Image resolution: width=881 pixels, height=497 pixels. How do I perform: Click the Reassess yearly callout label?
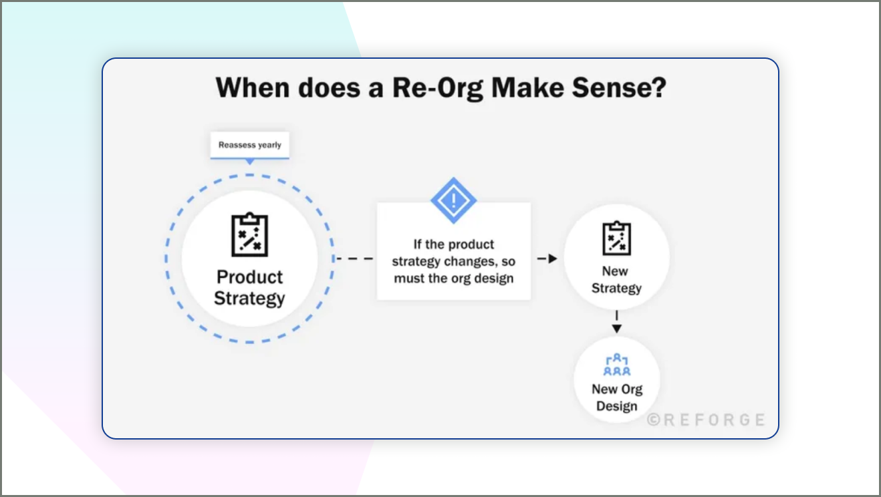249,145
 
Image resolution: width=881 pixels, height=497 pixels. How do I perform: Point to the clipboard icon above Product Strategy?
249,234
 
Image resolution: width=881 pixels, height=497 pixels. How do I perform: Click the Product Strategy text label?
249,287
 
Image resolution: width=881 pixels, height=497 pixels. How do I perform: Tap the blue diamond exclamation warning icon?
453,200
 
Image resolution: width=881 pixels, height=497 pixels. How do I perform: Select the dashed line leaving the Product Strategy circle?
354,259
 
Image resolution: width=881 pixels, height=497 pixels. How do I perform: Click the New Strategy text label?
616,280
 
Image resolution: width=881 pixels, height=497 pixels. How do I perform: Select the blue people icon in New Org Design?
616,365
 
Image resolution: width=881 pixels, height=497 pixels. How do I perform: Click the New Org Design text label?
616,397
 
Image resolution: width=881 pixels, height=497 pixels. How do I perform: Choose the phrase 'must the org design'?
453,278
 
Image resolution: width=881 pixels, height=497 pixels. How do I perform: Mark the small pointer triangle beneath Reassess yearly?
249,162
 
